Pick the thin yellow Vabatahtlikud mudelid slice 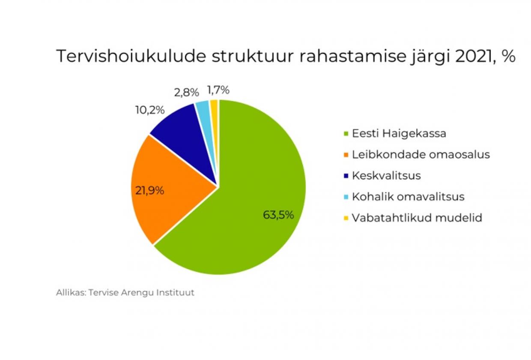(x=215, y=107)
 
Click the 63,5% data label (x=278, y=215)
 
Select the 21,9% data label (x=149, y=191)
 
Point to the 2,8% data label (x=186, y=92)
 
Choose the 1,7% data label (x=218, y=90)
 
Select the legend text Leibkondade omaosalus (x=421, y=154)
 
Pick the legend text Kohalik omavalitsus (x=408, y=197)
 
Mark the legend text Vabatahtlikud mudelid (x=417, y=218)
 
